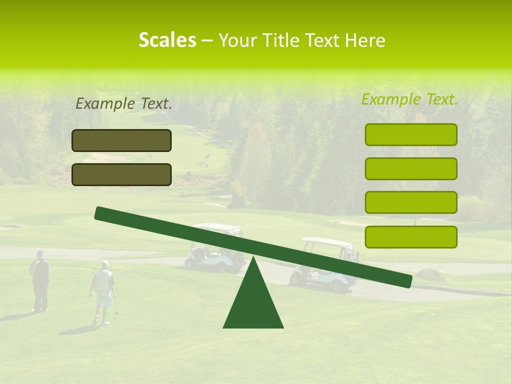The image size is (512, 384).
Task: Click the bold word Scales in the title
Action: [167, 40]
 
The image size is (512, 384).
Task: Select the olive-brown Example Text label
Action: [124, 104]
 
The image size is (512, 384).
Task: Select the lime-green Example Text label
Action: [410, 99]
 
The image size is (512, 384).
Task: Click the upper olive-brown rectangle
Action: [122, 140]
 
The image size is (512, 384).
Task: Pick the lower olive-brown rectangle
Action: [122, 174]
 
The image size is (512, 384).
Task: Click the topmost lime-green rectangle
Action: [411, 134]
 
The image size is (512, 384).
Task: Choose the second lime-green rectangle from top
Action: [411, 169]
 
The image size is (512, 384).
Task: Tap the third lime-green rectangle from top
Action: [411, 203]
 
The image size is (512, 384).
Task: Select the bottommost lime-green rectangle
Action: [411, 237]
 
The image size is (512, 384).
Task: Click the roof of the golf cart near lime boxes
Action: [325, 242]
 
